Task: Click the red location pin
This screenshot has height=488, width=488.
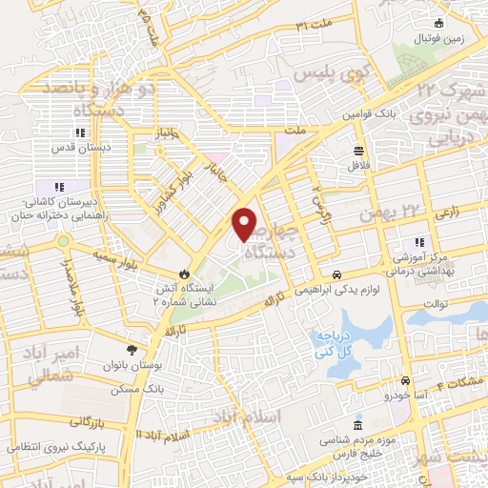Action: [x=245, y=223]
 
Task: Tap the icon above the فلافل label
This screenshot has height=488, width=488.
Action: [x=358, y=150]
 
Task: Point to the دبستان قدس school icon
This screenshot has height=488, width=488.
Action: [x=79, y=133]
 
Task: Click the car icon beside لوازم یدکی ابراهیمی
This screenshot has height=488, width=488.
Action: [x=324, y=274]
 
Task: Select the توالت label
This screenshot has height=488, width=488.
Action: [x=436, y=304]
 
